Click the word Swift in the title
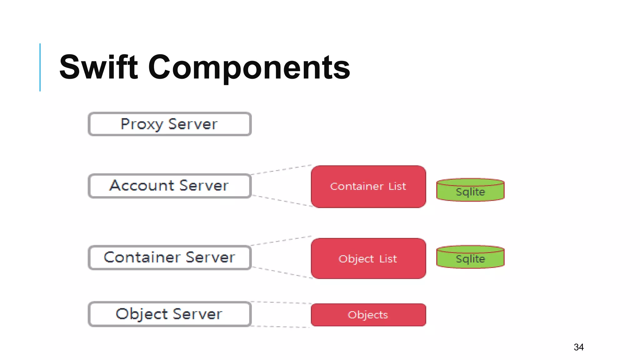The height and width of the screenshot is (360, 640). tap(98, 67)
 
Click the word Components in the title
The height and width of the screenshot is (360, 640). tap(249, 67)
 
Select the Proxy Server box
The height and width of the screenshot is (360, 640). tap(170, 124)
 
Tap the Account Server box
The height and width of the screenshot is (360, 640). tap(170, 186)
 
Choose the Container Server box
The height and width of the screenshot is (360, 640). tap(170, 257)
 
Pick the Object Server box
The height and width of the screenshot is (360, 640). tap(170, 314)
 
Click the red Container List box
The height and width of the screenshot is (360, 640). tap(368, 187)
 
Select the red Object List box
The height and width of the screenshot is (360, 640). tap(368, 258)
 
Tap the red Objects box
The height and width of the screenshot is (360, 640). tap(368, 315)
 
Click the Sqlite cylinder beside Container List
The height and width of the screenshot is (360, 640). tap(470, 190)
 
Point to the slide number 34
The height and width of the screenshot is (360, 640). tap(579, 347)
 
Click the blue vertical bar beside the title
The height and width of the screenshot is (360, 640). tap(40, 67)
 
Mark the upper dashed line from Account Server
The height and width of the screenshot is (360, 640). tap(281, 170)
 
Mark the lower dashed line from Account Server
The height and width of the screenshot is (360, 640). tap(281, 201)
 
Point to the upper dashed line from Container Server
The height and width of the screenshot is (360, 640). tap(281, 241)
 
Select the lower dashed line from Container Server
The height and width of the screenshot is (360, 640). tap(281, 272)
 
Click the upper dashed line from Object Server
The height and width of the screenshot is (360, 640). tap(281, 302)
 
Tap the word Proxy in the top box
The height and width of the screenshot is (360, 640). tap(141, 124)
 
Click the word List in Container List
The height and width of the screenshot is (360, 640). tap(397, 187)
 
